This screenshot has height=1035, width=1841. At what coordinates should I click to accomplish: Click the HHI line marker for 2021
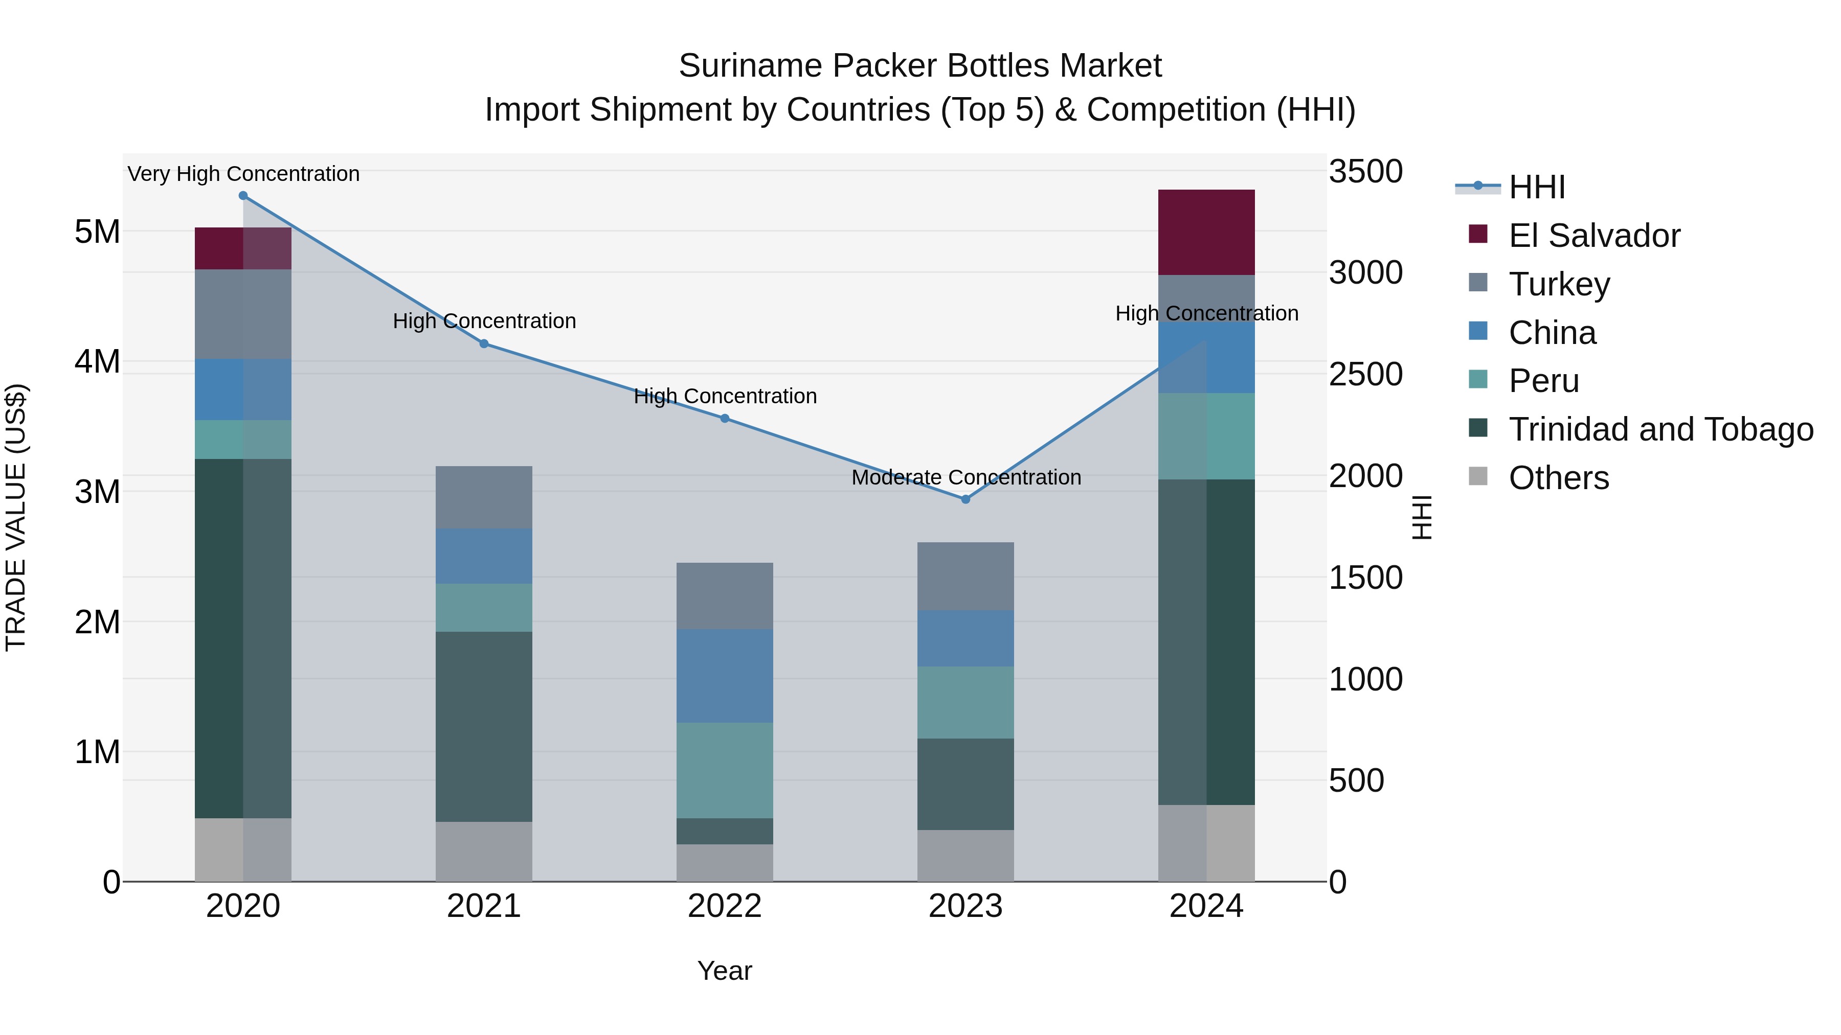484,343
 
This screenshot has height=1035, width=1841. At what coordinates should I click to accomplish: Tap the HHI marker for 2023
966,499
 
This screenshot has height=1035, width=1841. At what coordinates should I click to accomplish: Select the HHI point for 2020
243,196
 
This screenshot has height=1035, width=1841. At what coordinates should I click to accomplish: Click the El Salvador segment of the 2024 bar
1206,232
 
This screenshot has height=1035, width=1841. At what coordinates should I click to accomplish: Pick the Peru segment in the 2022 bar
725,770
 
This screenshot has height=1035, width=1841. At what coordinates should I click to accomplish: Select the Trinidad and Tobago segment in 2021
484,726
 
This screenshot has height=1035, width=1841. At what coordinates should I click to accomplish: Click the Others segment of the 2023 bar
966,855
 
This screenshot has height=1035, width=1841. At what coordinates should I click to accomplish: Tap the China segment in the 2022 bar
725,676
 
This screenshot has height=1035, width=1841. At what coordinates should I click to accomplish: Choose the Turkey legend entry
1559,284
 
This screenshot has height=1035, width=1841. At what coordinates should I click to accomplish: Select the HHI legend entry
1537,187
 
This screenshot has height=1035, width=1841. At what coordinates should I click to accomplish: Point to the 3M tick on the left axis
97,491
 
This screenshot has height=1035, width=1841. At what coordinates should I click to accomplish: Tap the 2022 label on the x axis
725,906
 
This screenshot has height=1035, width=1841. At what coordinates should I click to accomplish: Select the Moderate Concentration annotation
966,477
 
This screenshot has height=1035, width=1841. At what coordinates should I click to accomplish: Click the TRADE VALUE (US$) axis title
16,517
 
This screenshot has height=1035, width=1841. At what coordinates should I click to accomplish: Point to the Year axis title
725,971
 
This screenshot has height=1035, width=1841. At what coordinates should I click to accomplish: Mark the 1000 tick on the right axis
1365,679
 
